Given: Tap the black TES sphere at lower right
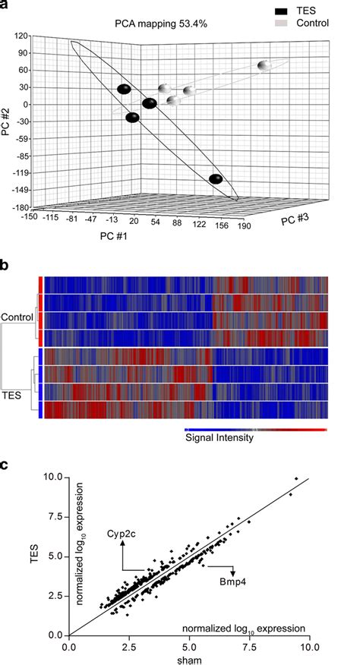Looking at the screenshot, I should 216,179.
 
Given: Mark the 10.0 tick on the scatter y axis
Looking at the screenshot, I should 51,477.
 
